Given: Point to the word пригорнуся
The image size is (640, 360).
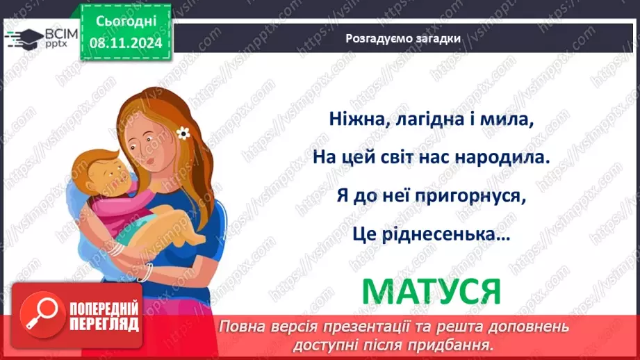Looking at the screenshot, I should pyautogui.click(x=468, y=197).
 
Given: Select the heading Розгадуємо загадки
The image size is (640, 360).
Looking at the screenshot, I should pyautogui.click(x=403, y=39).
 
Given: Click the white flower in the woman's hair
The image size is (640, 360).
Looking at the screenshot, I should pyautogui.click(x=183, y=132).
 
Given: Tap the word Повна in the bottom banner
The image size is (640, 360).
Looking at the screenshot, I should pyautogui.click(x=240, y=327).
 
